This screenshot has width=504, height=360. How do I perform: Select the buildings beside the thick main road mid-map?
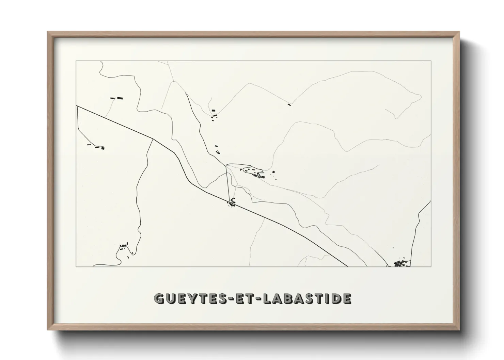point(232,202)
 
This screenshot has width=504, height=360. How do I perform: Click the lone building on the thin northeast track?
point(289,104)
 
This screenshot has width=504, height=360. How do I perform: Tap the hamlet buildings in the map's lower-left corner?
point(124,247)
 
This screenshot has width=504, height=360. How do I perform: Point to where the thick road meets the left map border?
point(77,106)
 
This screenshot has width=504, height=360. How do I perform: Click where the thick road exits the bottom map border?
point(347,266)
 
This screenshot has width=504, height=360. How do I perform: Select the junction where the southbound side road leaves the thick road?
point(153,139)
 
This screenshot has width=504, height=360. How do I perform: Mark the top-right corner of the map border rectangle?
point(431,61)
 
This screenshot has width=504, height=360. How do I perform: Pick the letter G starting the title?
point(158,298)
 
